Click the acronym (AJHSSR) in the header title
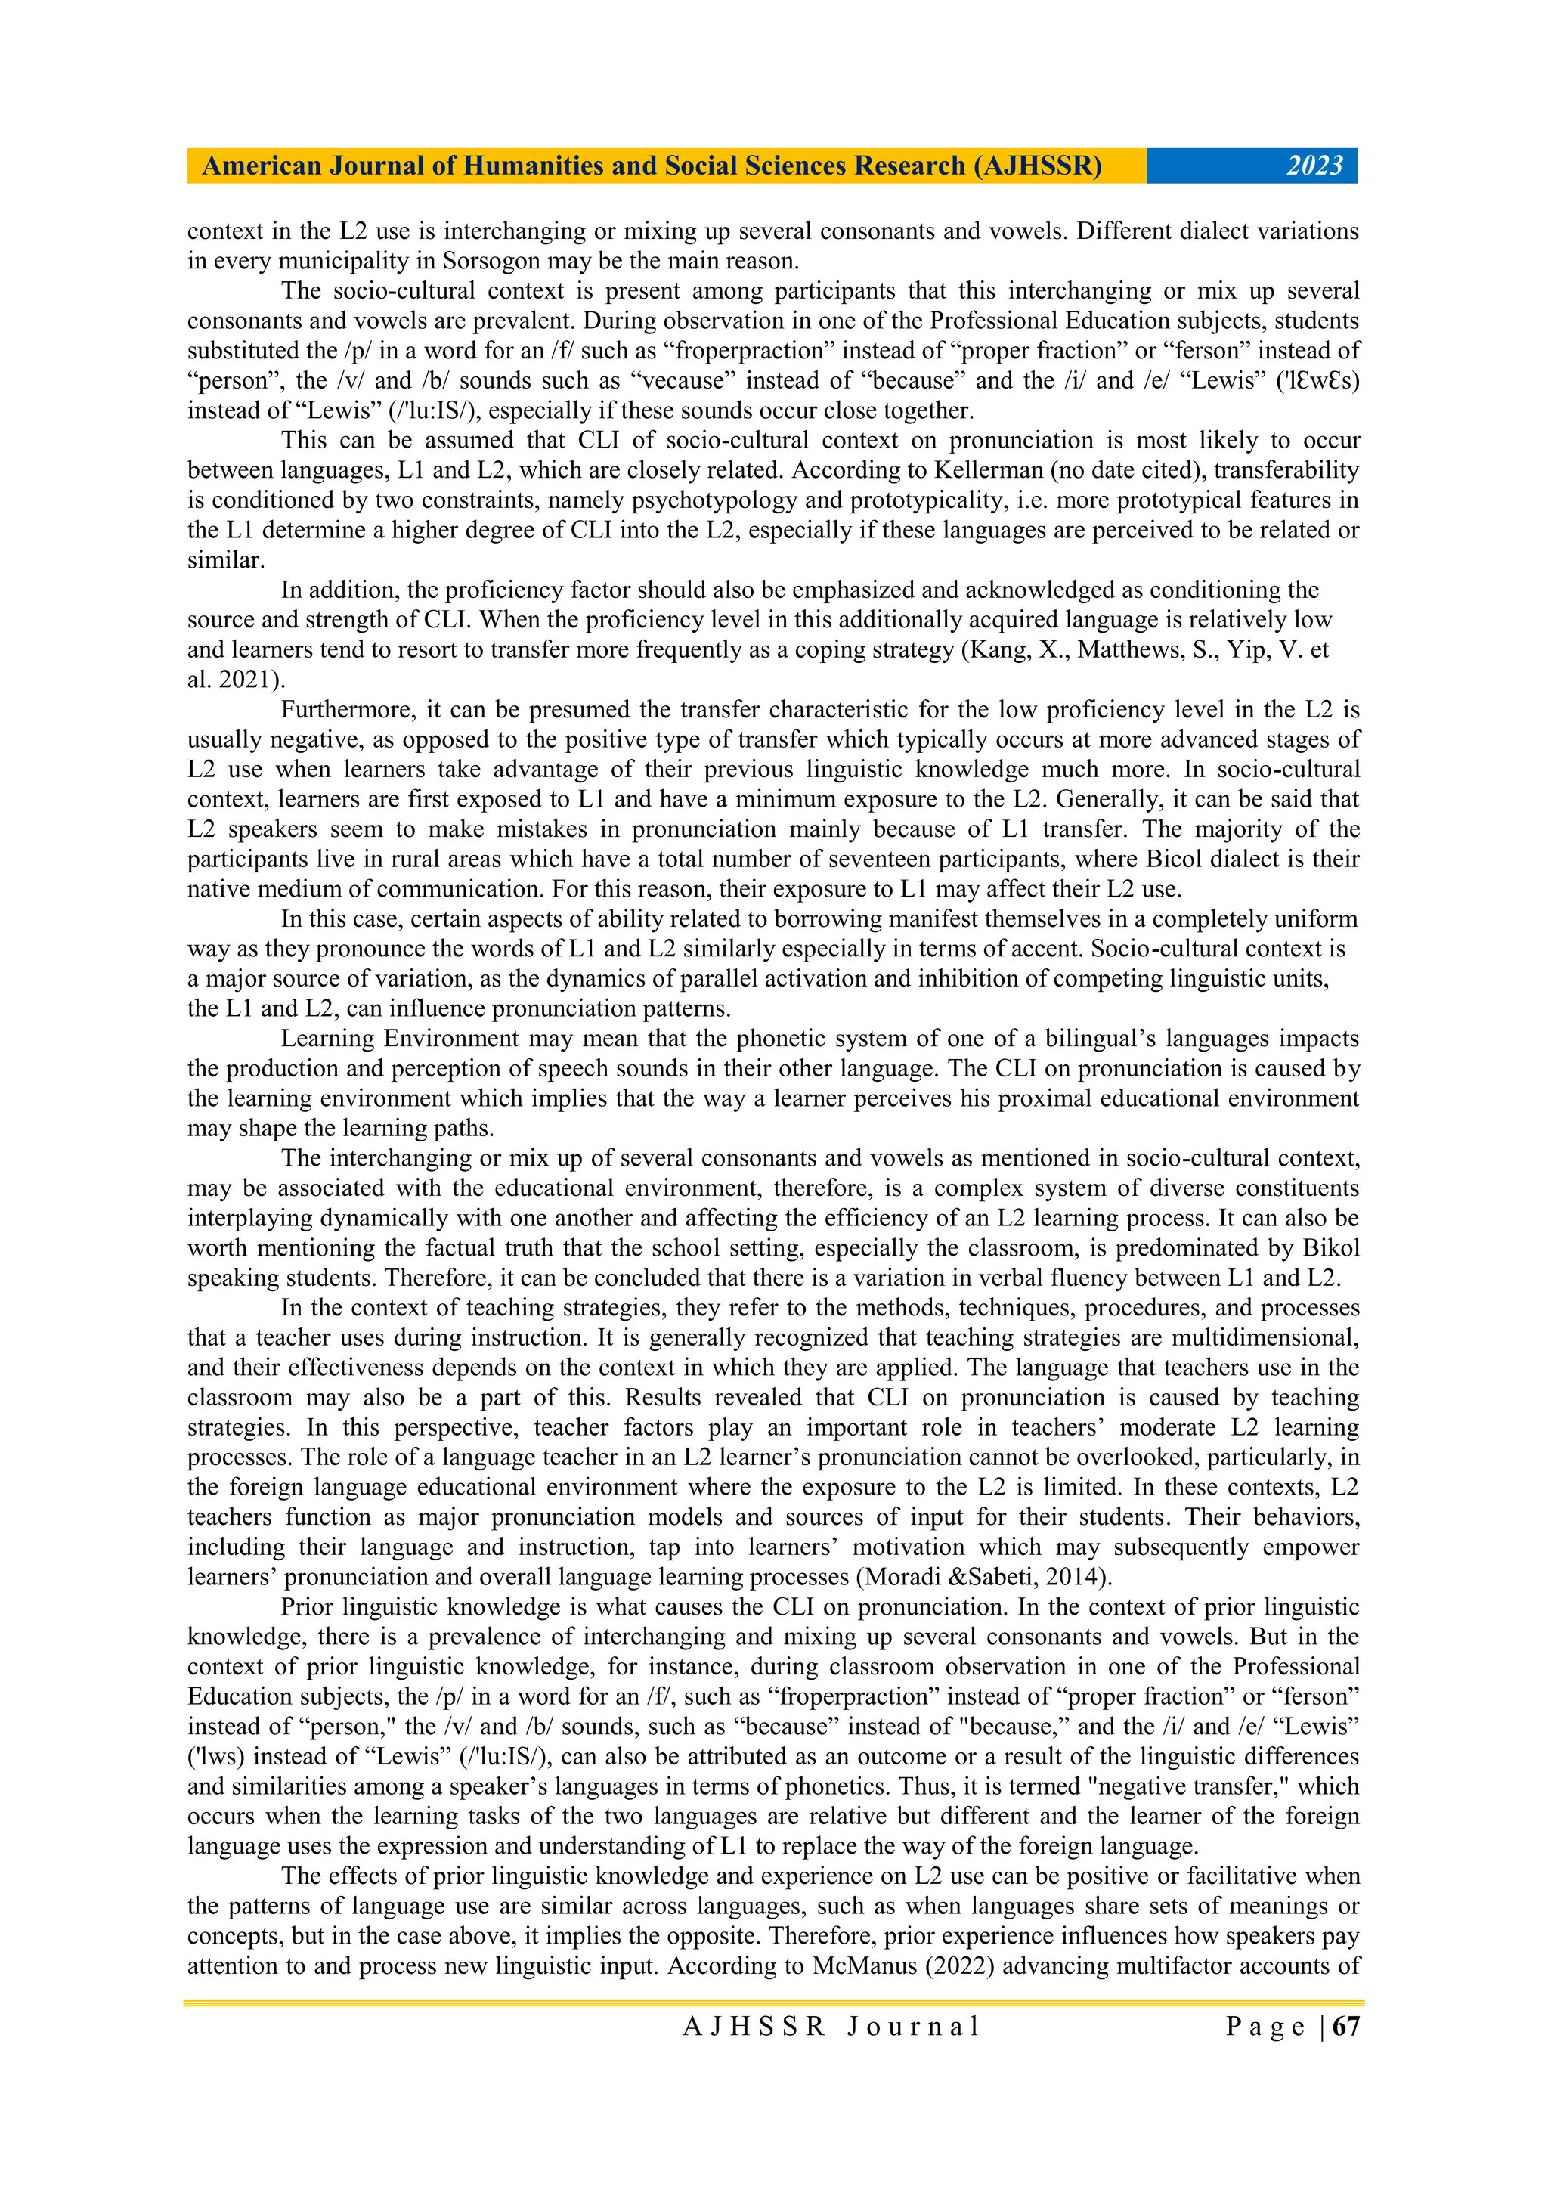pyautogui.click(x=1037, y=166)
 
